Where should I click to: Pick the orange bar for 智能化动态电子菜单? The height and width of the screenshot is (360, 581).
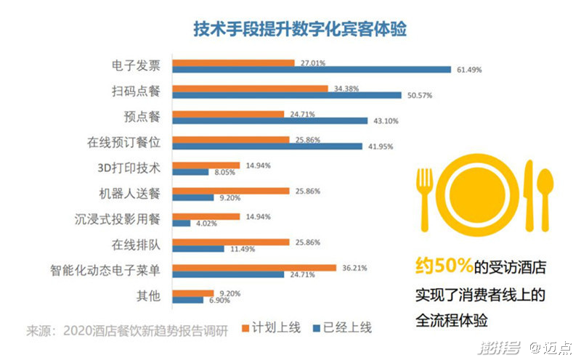point(253,267)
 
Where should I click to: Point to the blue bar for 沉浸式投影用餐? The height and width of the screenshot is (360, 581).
point(180,223)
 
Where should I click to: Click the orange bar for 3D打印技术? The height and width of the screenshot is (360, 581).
point(205,165)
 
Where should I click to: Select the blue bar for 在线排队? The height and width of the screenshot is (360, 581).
point(198,248)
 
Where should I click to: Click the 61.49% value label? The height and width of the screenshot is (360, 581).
point(469,70)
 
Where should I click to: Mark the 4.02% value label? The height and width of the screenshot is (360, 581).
point(205,223)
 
